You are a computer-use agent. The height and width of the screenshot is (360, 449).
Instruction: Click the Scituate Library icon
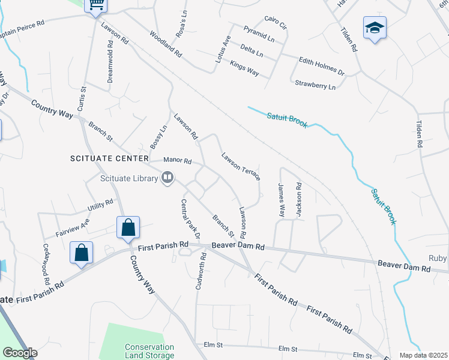click(167, 177)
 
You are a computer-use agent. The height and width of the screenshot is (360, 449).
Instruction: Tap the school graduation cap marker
click(374, 28)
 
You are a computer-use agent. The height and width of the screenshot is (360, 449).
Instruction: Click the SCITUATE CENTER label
click(108, 158)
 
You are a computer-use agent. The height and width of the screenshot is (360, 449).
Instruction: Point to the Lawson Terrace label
click(240, 166)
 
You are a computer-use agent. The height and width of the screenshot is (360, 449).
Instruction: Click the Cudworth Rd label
click(201, 271)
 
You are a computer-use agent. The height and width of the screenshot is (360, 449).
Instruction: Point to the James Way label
click(280, 200)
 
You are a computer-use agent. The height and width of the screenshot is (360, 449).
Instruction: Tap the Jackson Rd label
click(298, 199)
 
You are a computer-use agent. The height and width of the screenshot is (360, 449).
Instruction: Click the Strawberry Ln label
click(315, 86)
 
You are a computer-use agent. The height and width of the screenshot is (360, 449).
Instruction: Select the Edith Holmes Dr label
click(322, 66)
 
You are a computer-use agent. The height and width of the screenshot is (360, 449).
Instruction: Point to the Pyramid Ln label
click(259, 33)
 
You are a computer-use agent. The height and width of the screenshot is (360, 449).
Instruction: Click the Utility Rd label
click(100, 206)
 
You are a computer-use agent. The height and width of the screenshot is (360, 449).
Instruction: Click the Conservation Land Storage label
click(149, 351)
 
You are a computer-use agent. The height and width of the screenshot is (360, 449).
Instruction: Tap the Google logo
click(20, 353)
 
